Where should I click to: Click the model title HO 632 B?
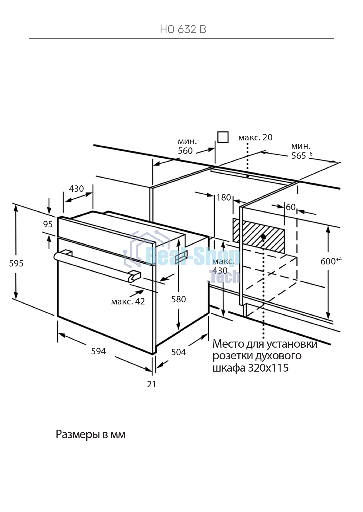[183, 29]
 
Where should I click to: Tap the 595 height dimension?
[16, 264]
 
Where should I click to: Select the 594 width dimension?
[98, 351]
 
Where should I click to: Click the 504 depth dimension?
[178, 352]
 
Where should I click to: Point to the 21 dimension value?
[152, 384]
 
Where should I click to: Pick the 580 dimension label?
[178, 299]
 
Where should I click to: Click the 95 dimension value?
[48, 224]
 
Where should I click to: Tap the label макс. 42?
[128, 302]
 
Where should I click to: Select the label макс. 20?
[255, 137]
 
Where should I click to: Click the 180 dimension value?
[224, 198]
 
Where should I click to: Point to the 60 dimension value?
[290, 207]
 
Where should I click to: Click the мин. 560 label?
[187, 146]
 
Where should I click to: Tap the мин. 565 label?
[302, 151]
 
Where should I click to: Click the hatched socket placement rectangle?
[259, 236]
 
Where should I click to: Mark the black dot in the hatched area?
[264, 237]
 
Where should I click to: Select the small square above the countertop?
[223, 137]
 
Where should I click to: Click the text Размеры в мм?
[91, 435]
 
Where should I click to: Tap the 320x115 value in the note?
[268, 368]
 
